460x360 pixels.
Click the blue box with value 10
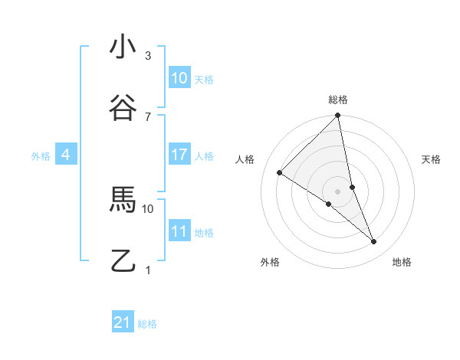[x=179, y=78]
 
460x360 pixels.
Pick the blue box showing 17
[x=179, y=155]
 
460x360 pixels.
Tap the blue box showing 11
[x=179, y=231]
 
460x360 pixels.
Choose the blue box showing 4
[x=66, y=155]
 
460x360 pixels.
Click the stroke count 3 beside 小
[x=148, y=56]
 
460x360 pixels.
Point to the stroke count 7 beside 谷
[x=148, y=117]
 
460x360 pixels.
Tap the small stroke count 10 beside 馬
[x=148, y=208]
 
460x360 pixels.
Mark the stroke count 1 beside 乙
[x=148, y=270]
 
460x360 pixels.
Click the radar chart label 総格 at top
[x=338, y=100]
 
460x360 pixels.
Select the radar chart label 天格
[x=431, y=159]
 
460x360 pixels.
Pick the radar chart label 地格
[x=402, y=262]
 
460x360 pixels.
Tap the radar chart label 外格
[x=270, y=262]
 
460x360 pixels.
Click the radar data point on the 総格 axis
[x=338, y=116]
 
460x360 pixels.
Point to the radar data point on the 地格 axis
[x=374, y=241]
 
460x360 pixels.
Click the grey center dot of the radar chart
[x=338, y=191]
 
